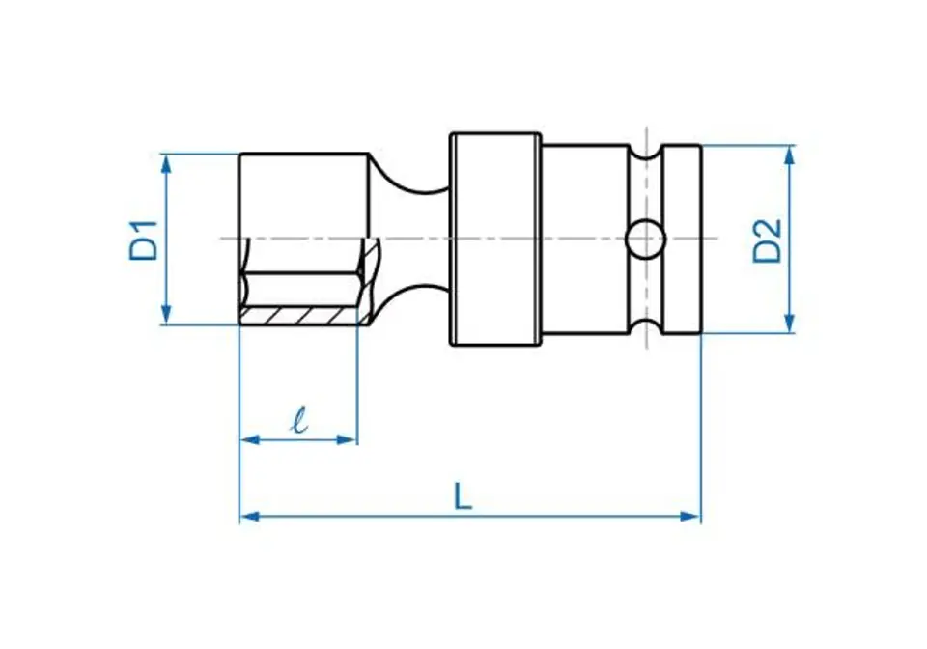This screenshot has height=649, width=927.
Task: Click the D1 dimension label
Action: [145, 240]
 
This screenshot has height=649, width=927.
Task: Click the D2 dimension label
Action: [768, 240]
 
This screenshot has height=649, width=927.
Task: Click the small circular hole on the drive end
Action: [645, 239]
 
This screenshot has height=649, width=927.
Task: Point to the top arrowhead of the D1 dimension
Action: [166, 163]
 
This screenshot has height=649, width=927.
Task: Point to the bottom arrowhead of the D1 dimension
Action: [166, 315]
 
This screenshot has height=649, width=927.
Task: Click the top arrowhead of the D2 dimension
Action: [789, 155]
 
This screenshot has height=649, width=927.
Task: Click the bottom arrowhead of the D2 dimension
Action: [789, 323]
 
